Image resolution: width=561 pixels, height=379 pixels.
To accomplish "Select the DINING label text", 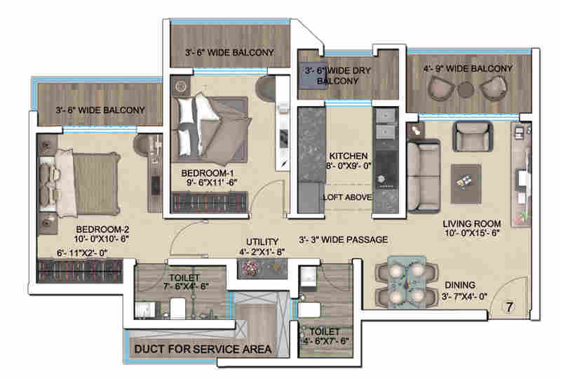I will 459,285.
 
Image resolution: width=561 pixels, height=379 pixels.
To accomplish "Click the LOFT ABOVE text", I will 346,197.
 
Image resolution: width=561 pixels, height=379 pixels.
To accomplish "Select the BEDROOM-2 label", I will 102,230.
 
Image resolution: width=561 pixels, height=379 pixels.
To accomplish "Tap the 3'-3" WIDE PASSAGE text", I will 342,240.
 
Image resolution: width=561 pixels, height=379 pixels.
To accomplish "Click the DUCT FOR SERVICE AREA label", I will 203,348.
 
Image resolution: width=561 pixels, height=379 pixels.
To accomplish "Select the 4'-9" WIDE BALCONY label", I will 468,69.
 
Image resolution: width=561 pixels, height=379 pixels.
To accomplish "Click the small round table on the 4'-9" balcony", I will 466,89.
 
